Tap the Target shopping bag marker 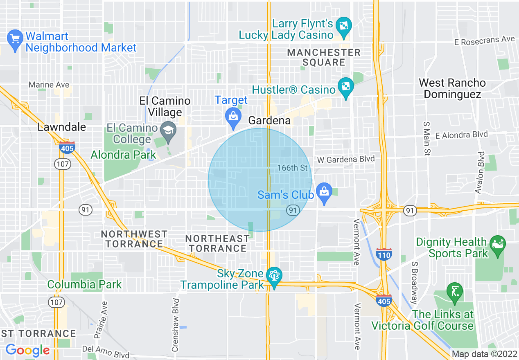[233, 116]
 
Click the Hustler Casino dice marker [346, 87]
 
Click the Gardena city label [270, 121]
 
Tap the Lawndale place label [62, 127]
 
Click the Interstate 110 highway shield [384, 254]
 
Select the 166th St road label [292, 168]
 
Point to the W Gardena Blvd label [346, 159]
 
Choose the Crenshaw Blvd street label [176, 325]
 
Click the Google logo [27, 350]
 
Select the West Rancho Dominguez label [452, 88]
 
